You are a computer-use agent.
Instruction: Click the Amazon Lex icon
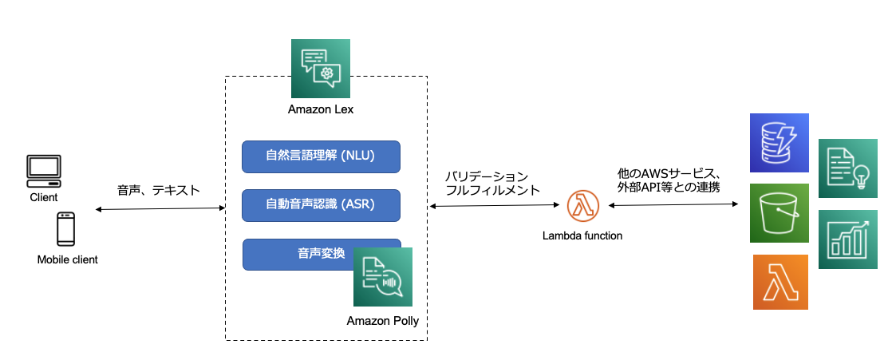320,68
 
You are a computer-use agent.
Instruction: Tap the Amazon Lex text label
320,109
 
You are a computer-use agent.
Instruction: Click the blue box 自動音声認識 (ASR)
321,205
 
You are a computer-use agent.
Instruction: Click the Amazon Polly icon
383,277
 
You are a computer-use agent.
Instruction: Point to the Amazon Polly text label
383,321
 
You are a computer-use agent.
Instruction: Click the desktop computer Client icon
44,170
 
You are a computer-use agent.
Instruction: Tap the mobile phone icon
66,230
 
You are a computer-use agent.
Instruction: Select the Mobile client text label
68,259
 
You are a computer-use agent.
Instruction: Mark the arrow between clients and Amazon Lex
160,209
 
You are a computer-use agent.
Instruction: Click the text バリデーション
486,176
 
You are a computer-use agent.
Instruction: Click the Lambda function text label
582,235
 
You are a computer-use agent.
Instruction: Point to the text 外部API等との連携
669,188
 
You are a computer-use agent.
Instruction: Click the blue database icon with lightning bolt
780,143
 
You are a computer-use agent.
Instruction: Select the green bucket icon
780,213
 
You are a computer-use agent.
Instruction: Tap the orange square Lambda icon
780,283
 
